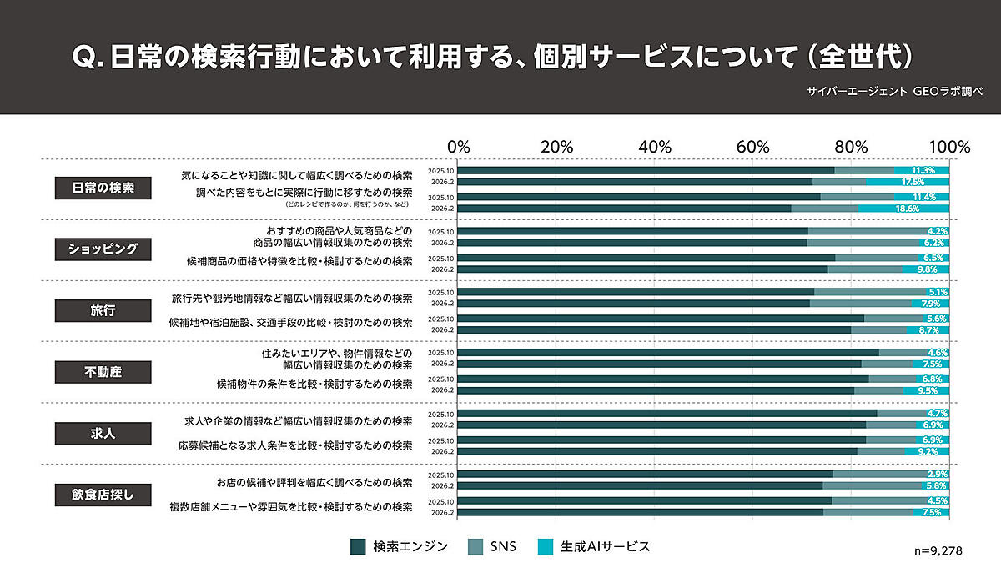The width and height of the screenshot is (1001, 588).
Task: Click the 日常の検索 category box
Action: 103,188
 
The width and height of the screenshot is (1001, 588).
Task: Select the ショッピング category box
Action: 103,249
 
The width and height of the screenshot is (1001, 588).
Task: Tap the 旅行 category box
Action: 103,310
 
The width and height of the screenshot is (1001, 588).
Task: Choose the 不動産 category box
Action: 103,371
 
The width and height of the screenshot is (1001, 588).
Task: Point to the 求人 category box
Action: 103,433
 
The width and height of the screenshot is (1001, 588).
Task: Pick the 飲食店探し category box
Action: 103,494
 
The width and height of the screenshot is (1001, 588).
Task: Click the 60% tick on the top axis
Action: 752,147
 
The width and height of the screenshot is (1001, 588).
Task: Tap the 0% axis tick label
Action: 459,147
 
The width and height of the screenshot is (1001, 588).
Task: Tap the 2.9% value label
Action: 938,474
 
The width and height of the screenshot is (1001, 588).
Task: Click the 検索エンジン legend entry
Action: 400,547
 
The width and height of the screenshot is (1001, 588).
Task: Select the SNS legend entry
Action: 494,547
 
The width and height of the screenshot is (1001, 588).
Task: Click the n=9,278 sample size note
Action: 938,552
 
